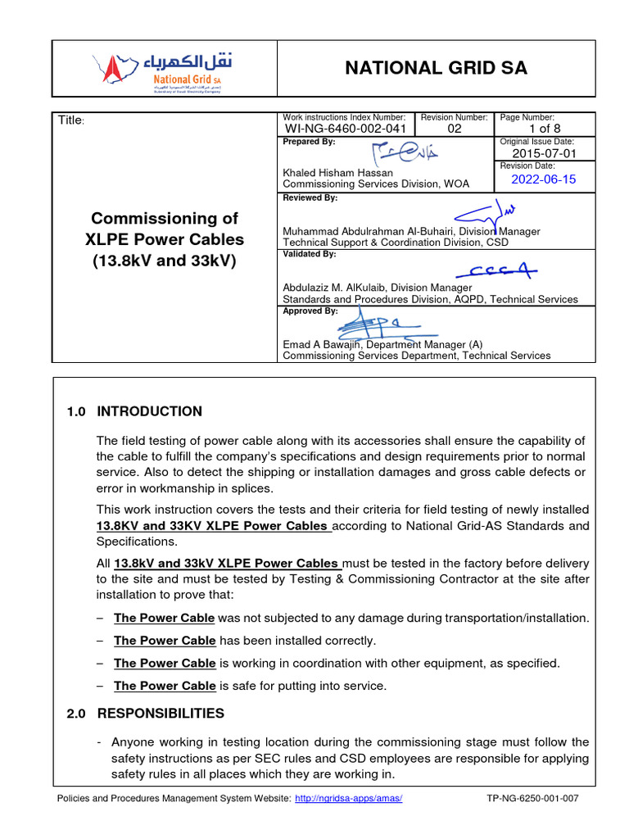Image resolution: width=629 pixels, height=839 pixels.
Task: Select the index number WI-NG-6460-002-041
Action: point(345,129)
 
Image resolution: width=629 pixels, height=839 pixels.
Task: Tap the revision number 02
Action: point(455,129)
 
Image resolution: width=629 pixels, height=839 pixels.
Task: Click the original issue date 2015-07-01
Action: point(544,153)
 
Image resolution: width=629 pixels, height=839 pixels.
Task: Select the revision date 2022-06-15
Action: point(544,179)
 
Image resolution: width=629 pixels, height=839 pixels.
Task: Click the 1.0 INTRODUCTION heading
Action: point(134,411)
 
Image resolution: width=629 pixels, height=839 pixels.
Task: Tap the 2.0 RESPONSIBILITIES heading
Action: point(146,714)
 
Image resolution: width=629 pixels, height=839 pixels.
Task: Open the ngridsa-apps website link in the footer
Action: point(348,799)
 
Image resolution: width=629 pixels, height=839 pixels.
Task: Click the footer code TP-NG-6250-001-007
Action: point(532,799)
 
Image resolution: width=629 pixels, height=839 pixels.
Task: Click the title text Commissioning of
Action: point(164,219)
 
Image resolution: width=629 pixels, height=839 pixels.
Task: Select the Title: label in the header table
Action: point(71,121)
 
